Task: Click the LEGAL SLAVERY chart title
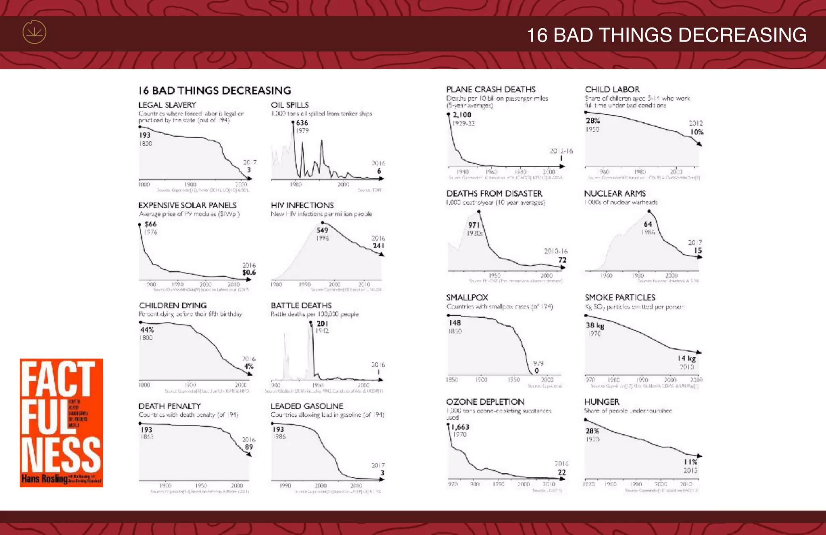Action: point(167,105)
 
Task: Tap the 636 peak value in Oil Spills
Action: point(302,123)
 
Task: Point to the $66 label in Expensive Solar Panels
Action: point(150,224)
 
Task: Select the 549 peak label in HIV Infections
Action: point(322,230)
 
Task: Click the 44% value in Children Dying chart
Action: point(147,330)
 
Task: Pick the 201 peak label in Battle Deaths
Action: point(322,324)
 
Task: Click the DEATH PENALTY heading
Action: point(169,406)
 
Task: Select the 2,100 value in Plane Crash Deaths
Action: point(462,115)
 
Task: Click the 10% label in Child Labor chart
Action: point(697,132)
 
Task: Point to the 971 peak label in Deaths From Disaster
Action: point(474,225)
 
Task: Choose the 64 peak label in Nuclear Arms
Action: point(648,224)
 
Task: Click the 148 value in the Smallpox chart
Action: point(455,323)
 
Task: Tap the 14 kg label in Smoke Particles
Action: point(686,359)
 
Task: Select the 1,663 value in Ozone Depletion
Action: point(460,427)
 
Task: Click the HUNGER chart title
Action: point(602,402)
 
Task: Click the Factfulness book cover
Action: point(61,422)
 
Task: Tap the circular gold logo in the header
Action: point(34,32)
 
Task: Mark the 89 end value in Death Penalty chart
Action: point(249,447)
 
